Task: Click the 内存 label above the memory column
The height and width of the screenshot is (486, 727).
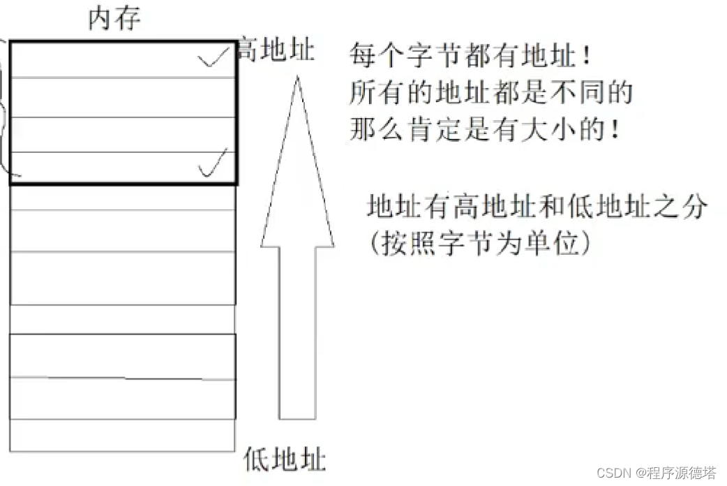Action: click(x=114, y=19)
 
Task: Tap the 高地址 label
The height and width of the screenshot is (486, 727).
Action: click(x=276, y=50)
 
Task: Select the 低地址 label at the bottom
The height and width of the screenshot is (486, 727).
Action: click(x=285, y=459)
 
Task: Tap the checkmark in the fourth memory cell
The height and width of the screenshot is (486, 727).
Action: click(x=213, y=164)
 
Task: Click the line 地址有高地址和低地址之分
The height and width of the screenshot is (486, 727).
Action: click(x=537, y=207)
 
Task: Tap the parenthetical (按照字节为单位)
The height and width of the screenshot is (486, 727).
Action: click(x=482, y=243)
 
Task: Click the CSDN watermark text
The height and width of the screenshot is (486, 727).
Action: click(x=657, y=473)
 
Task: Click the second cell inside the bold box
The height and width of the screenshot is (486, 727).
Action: click(x=123, y=98)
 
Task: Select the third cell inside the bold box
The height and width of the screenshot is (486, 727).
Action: click(x=123, y=135)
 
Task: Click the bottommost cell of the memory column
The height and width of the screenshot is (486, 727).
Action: click(x=123, y=435)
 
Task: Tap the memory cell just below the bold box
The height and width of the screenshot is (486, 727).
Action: click(x=123, y=198)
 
